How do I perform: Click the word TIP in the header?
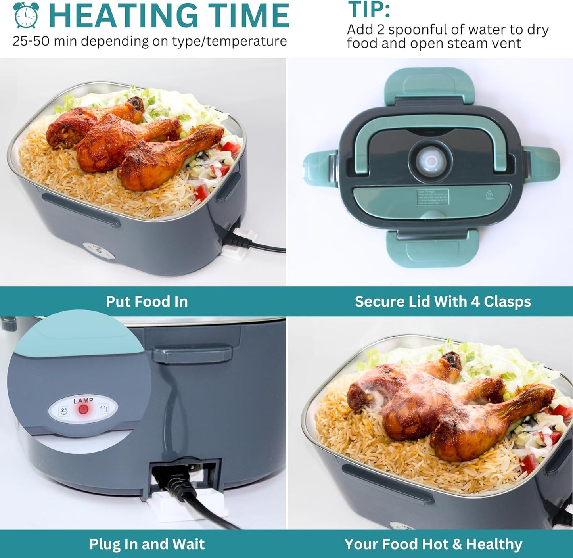click(x=368, y=10)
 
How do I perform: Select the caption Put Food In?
click(x=147, y=301)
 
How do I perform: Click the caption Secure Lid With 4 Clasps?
click(x=443, y=301)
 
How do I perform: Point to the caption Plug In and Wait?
click(x=147, y=544)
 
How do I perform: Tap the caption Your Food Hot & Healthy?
click(x=433, y=544)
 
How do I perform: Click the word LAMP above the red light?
click(x=83, y=401)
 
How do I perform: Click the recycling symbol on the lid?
click(x=489, y=194)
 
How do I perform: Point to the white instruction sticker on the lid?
click(x=433, y=197)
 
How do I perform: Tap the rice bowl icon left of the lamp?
click(x=64, y=411)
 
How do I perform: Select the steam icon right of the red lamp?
click(x=103, y=408)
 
